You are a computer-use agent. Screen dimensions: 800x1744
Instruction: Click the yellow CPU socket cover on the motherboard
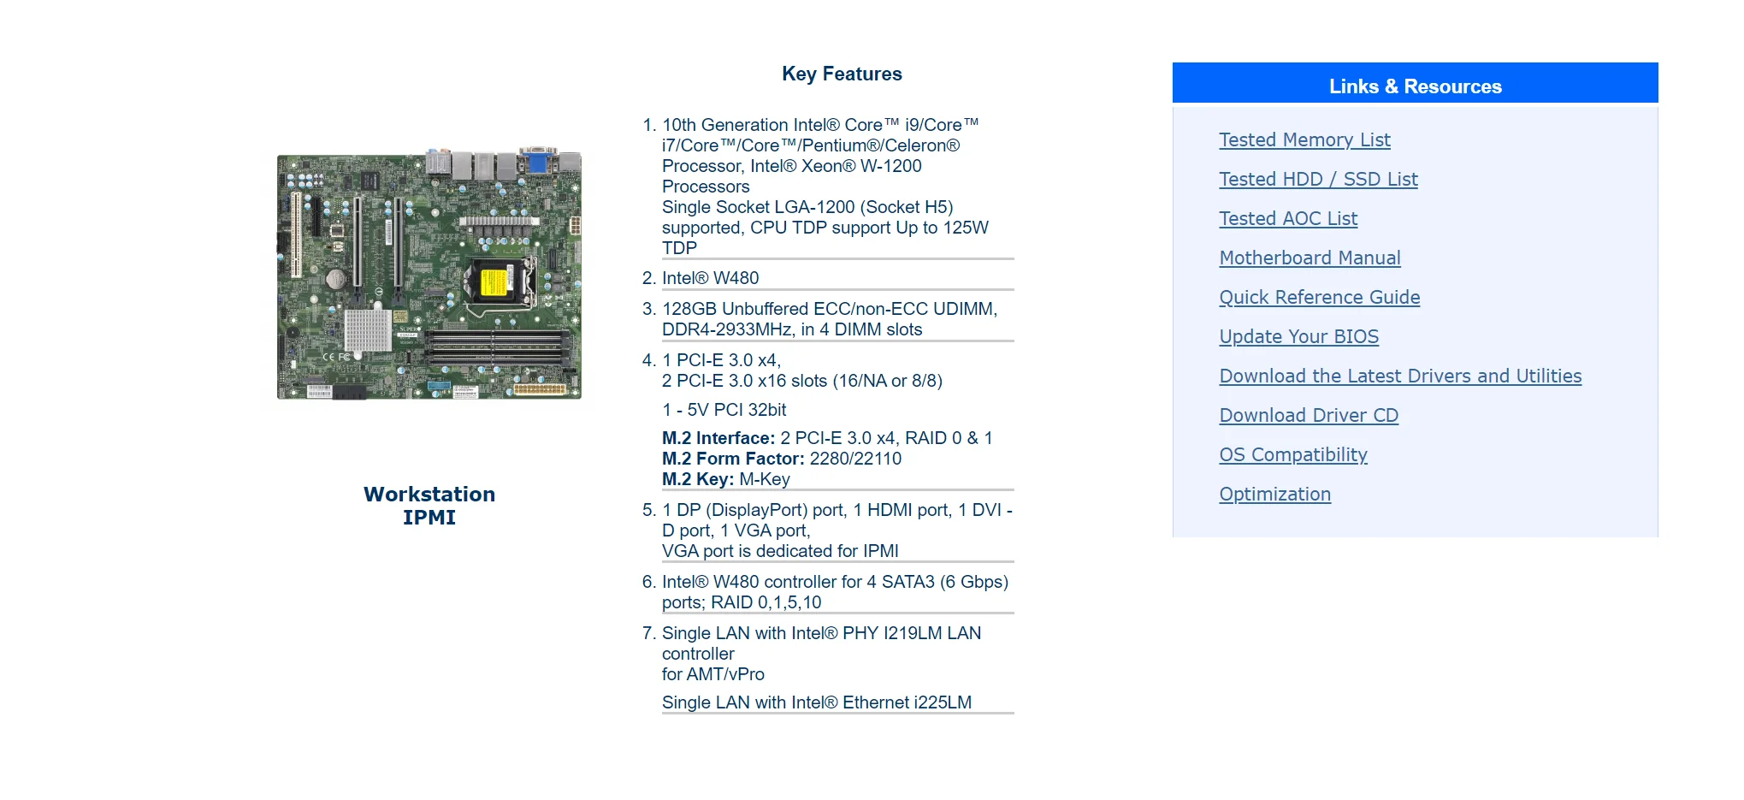tap(493, 281)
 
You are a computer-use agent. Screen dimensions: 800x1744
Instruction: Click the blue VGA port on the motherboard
tap(538, 161)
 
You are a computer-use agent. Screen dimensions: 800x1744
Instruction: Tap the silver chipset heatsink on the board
tap(368, 329)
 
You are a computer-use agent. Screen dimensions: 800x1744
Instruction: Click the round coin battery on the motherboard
tap(336, 278)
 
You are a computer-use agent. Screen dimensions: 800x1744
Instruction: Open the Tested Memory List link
tap(1304, 139)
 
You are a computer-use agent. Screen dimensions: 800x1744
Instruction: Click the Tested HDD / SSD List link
tap(1318, 179)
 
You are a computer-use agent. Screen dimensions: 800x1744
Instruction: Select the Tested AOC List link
tap(1288, 218)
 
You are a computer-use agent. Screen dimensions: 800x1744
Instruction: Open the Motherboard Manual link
tap(1309, 258)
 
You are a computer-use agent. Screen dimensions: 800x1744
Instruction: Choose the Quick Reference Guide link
tap(1319, 297)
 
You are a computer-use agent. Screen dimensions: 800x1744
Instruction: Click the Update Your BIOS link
tap(1298, 336)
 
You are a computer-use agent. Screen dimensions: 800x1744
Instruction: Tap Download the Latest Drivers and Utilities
tap(1400, 376)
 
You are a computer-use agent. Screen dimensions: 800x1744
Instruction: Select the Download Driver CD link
tap(1309, 415)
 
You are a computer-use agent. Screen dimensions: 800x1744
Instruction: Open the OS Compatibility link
tap(1293, 454)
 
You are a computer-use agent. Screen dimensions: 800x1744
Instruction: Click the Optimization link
tap(1274, 494)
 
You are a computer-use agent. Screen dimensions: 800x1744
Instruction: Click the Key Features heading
tap(842, 74)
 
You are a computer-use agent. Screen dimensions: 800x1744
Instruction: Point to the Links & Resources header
tap(1415, 86)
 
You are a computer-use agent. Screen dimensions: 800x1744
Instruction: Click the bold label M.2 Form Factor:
tap(733, 459)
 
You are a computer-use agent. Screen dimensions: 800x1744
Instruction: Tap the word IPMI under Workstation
tap(429, 518)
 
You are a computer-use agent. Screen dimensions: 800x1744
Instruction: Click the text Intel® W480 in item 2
tap(710, 278)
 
